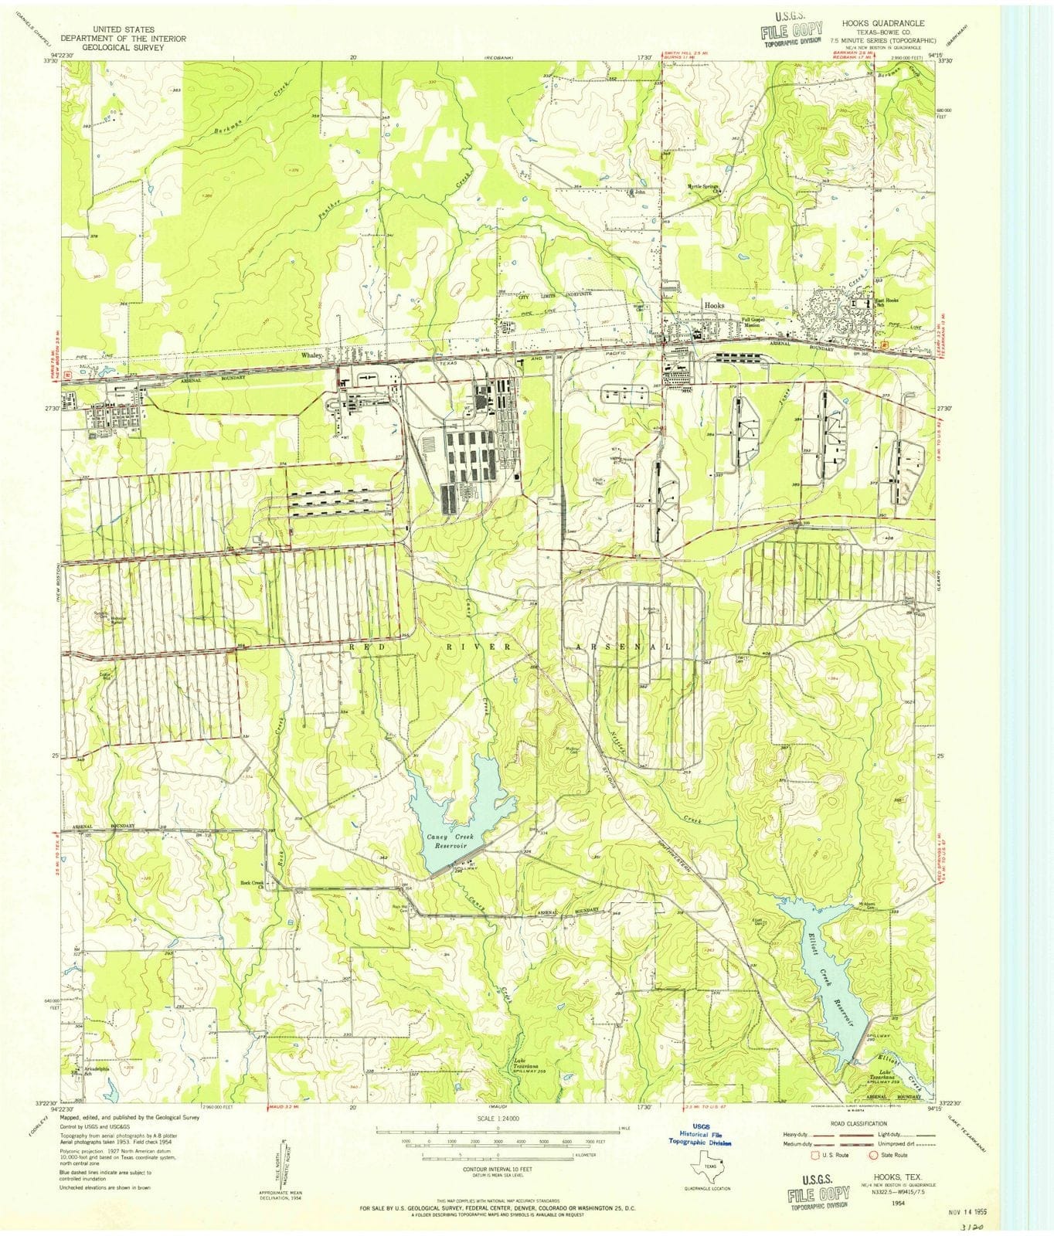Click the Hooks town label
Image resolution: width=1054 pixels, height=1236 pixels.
(x=713, y=305)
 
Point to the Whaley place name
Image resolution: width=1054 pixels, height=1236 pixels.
(x=311, y=355)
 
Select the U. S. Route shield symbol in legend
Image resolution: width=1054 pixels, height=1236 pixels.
(x=814, y=1156)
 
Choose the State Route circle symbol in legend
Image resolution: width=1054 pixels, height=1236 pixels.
(x=874, y=1156)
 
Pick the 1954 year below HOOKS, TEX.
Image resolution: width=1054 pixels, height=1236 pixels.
(x=898, y=1203)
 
